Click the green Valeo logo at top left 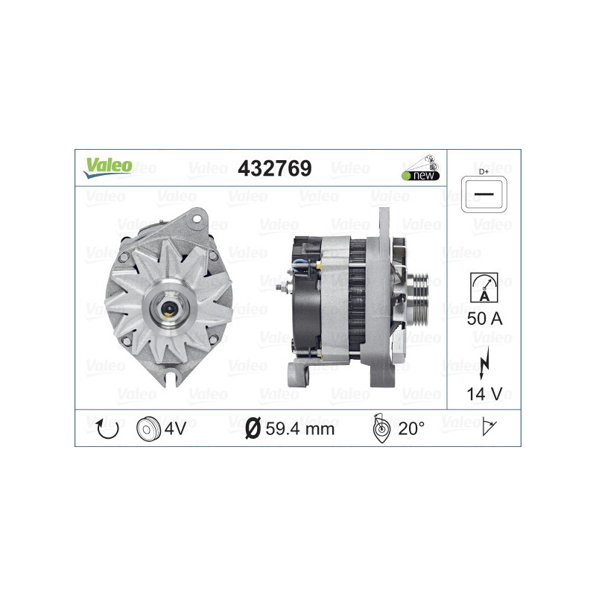coord(107,168)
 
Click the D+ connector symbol coord(484,192)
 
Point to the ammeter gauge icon coord(484,287)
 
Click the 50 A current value coord(484,320)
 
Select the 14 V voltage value coord(484,393)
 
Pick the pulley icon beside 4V coord(149,428)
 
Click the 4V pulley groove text coord(176,428)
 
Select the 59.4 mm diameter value coord(299,428)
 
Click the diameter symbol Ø coord(253,428)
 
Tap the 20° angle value coord(411,428)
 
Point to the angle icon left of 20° coord(380,428)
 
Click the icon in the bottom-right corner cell coord(489,428)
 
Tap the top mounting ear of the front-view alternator coord(197,218)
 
